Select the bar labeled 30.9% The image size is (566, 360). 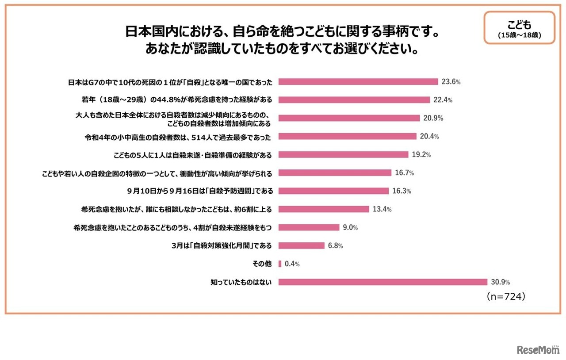click(383, 282)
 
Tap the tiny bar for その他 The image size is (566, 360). click(280, 264)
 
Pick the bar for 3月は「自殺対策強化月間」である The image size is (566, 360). click(302, 245)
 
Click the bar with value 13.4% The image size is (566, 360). click(324, 209)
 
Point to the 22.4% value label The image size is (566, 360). click(443, 100)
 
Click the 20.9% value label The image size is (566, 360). click(433, 118)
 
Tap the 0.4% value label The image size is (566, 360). click(291, 264)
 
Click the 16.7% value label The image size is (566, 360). click(405, 172)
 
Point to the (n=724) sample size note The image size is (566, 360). click(505, 297)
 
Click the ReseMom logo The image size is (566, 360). click(538, 349)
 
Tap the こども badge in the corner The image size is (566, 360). click(519, 27)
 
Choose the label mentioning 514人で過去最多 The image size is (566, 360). click(178, 137)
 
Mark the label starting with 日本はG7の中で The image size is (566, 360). click(170, 82)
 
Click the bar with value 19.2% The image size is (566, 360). click(343, 155)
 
